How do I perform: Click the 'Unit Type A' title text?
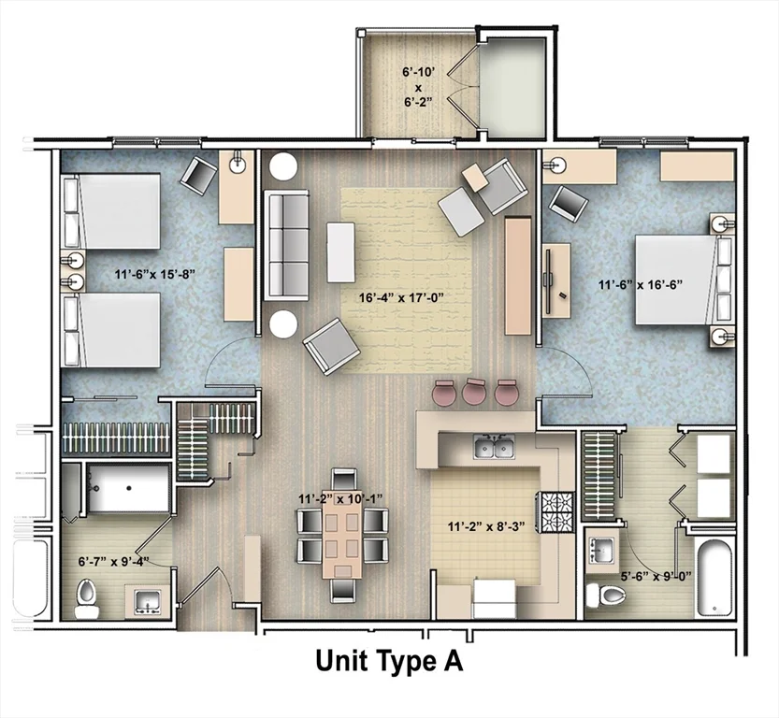click(389, 662)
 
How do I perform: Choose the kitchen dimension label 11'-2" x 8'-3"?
click(480, 525)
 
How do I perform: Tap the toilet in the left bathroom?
click(87, 598)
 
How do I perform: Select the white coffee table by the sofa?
click(340, 251)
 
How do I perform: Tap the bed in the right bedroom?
click(678, 280)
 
